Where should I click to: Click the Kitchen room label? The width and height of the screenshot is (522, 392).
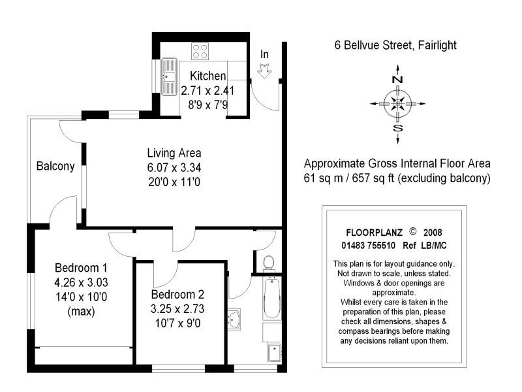pyautogui.click(x=207, y=76)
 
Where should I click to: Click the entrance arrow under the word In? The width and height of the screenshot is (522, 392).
pyautogui.click(x=266, y=71)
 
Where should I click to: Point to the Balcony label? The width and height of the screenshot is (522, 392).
pyautogui.click(x=55, y=167)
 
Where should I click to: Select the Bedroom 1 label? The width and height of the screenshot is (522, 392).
pyautogui.click(x=81, y=268)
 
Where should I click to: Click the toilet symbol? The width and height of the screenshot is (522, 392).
pyautogui.click(x=267, y=263)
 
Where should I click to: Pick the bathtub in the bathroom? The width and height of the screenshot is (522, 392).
pyautogui.click(x=271, y=297)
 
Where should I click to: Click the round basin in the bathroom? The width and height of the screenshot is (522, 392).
pyautogui.click(x=234, y=320)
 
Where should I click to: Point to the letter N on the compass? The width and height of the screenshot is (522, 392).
pyautogui.click(x=397, y=79)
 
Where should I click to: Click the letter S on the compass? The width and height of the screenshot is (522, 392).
pyautogui.click(x=397, y=128)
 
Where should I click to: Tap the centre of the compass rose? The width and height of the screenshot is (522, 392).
pyautogui.click(x=397, y=103)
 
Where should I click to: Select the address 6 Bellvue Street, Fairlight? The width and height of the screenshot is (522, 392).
pyautogui.click(x=391, y=45)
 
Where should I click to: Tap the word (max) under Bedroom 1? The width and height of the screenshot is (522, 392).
pyautogui.click(x=81, y=312)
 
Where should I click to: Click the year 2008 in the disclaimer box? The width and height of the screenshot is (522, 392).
pyautogui.click(x=433, y=233)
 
